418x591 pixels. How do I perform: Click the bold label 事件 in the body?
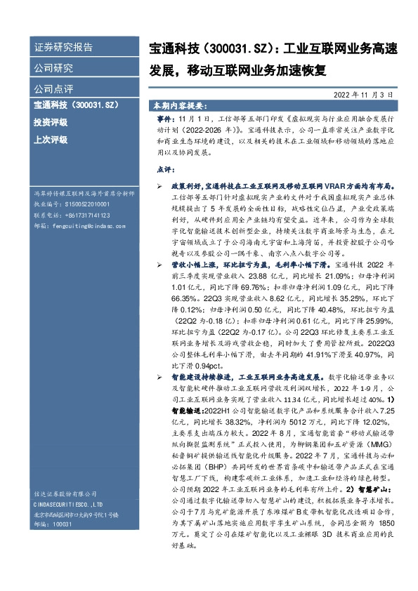point(164,121)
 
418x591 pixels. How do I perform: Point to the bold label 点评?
point(164,170)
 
